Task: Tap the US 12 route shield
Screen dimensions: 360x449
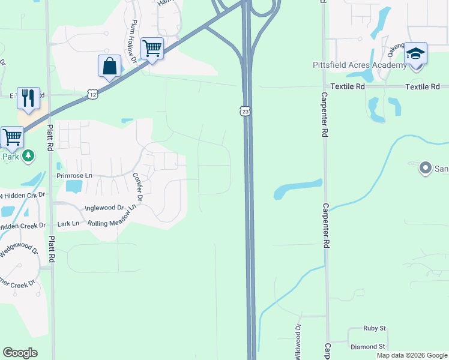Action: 92,94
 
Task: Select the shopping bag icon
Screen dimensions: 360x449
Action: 109,66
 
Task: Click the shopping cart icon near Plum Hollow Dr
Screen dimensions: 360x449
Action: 152,49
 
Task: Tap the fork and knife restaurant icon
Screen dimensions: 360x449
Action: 28,98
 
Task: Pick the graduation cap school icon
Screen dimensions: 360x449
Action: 415,54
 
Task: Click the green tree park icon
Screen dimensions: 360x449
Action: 28,156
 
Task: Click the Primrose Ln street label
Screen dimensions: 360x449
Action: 74,176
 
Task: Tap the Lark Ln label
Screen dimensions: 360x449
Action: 68,224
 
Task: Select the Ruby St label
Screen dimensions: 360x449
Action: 374,329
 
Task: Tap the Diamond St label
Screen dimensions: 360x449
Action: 368,347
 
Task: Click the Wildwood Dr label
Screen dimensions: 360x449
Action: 298,342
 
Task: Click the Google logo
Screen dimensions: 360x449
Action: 20,353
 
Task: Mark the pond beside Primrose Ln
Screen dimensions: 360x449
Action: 73,187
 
